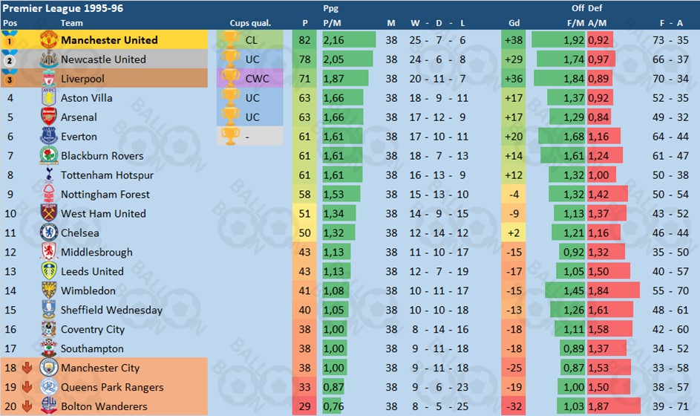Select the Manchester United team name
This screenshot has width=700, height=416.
click(109, 40)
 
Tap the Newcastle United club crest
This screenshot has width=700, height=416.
click(49, 59)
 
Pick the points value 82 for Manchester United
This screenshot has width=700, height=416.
click(305, 40)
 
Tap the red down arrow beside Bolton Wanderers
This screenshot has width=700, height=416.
click(27, 406)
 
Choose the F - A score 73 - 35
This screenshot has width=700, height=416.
click(670, 40)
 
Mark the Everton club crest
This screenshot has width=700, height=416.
click(49, 137)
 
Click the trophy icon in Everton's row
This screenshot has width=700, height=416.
click(231, 137)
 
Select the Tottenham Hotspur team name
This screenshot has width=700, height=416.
click(107, 175)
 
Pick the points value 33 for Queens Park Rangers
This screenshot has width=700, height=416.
click(305, 387)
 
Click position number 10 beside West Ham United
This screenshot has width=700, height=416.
click(10, 214)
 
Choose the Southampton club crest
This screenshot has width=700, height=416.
click(49, 348)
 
